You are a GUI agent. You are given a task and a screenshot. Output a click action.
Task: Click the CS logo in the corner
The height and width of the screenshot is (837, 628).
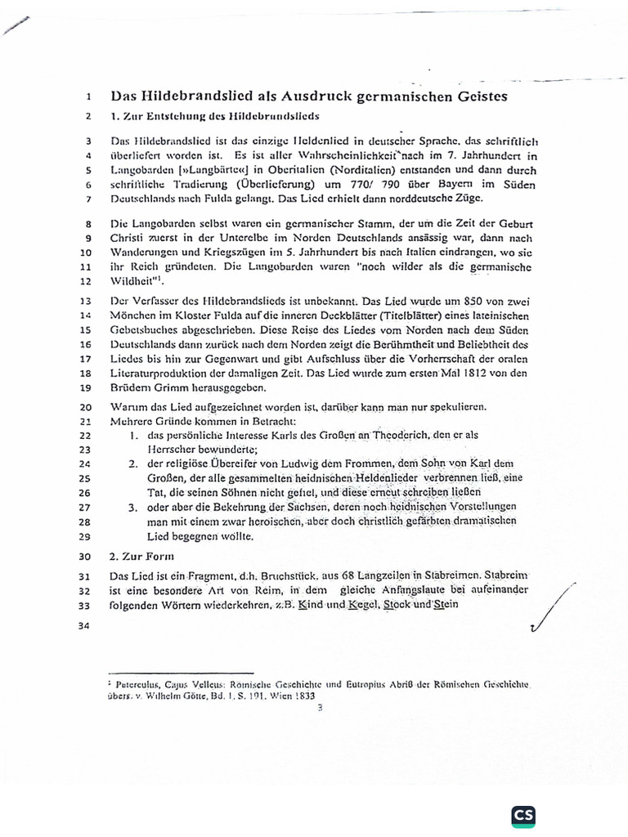click(524, 817)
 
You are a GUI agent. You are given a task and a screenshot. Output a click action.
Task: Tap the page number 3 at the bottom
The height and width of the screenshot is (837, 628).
click(321, 708)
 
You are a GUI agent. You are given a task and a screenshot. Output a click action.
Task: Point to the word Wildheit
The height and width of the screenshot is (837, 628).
click(133, 280)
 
